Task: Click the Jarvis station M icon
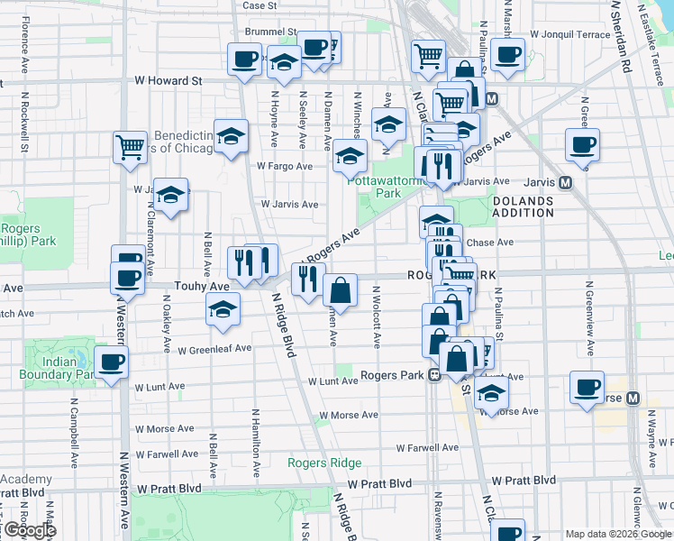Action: pyautogui.click(x=566, y=182)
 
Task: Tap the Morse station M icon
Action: pyautogui.click(x=633, y=398)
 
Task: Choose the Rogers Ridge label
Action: pyautogui.click(x=324, y=463)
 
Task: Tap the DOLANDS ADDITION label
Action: pyautogui.click(x=524, y=206)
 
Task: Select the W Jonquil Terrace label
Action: pyautogui.click(x=570, y=34)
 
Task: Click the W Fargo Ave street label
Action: pyautogui.click(x=285, y=166)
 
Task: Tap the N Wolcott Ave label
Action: pyautogui.click(x=376, y=317)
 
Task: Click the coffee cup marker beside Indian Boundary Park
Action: pyautogui.click(x=113, y=362)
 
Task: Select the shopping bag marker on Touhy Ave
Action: pyautogui.click(x=340, y=290)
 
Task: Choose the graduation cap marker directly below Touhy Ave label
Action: pyautogui.click(x=223, y=309)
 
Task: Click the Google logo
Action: pyautogui.click(x=29, y=530)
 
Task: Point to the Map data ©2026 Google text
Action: pyautogui.click(x=618, y=533)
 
